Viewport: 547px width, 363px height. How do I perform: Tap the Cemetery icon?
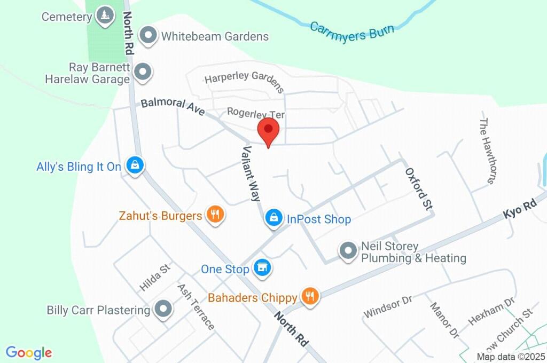pos(105,17)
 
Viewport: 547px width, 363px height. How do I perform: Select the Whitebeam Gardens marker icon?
pos(148,36)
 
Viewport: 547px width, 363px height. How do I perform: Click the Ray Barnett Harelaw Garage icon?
pos(143,72)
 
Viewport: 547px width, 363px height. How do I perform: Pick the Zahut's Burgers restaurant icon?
pos(215,215)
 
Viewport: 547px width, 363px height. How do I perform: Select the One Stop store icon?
pos(262,269)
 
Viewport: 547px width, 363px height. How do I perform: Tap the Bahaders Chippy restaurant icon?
pos(310,297)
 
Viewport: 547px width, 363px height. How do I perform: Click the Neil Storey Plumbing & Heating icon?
pos(348,251)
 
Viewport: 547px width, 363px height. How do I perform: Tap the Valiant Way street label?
pos(252,173)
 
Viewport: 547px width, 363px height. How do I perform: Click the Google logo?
pos(29,352)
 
